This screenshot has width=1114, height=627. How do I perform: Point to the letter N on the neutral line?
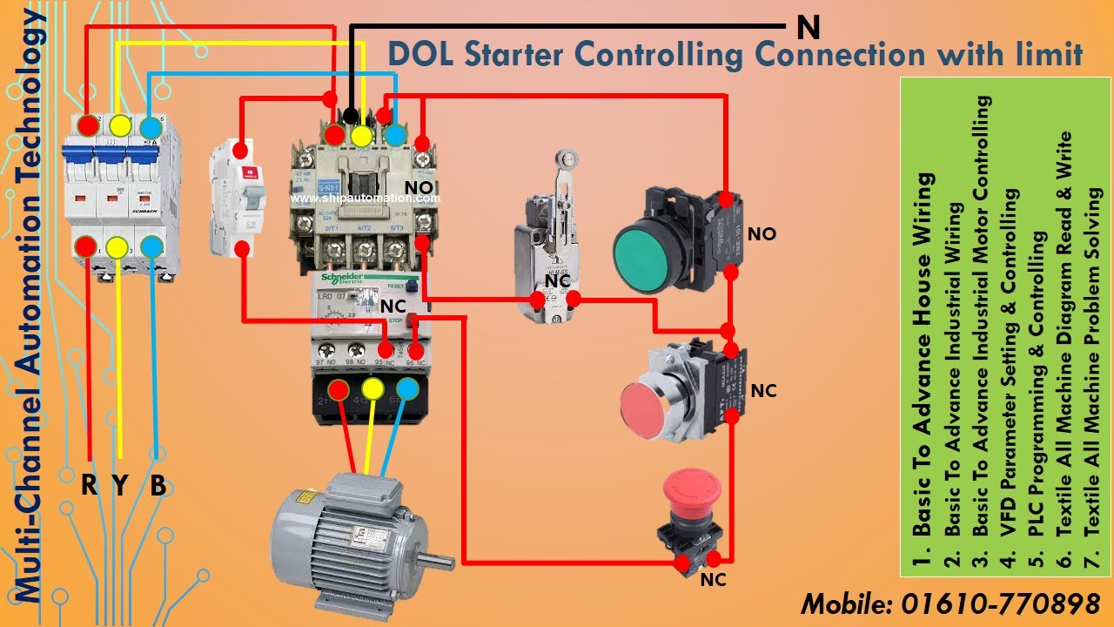click(x=808, y=28)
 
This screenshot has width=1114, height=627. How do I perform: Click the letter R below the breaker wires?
click(x=89, y=484)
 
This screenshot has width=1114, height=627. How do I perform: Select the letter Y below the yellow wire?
click(x=121, y=484)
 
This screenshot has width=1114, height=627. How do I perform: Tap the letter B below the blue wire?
click(x=158, y=484)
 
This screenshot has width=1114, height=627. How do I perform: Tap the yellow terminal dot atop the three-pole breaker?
click(x=120, y=125)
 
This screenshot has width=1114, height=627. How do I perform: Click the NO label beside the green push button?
click(x=762, y=234)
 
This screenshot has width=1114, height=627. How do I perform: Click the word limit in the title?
click(x=1048, y=54)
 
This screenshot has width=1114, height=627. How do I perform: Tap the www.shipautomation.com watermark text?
click(x=366, y=198)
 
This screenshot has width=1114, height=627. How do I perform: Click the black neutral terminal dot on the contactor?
click(x=350, y=116)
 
